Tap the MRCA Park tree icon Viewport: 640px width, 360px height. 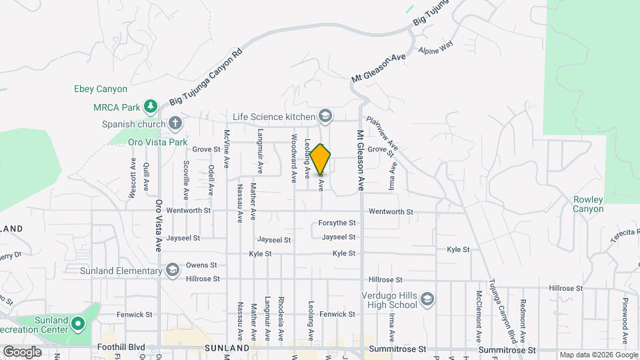(x=151, y=106)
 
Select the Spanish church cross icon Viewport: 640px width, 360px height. (x=175, y=123)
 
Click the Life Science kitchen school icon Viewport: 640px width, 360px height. (x=325, y=117)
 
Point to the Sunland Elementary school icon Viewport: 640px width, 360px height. (x=173, y=271)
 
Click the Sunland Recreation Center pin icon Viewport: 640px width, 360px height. (x=78, y=324)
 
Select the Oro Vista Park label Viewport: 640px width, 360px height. (x=157, y=142)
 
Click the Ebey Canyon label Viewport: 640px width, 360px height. (x=101, y=89)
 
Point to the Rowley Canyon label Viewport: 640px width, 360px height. (x=588, y=204)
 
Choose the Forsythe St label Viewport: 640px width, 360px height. (x=337, y=223)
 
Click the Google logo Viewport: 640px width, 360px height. (x=22, y=351)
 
